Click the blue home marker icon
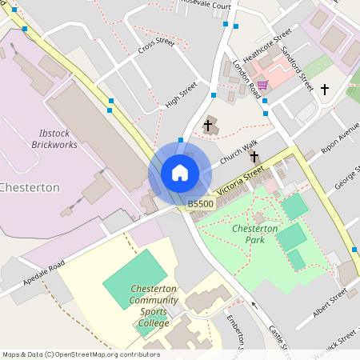pos(180,172)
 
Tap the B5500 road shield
pos(200,205)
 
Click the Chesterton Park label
pos(254,234)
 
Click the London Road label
pos(247,80)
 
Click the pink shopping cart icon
pos(262,85)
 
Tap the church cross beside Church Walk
pos(208,126)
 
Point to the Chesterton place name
pos(30,187)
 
